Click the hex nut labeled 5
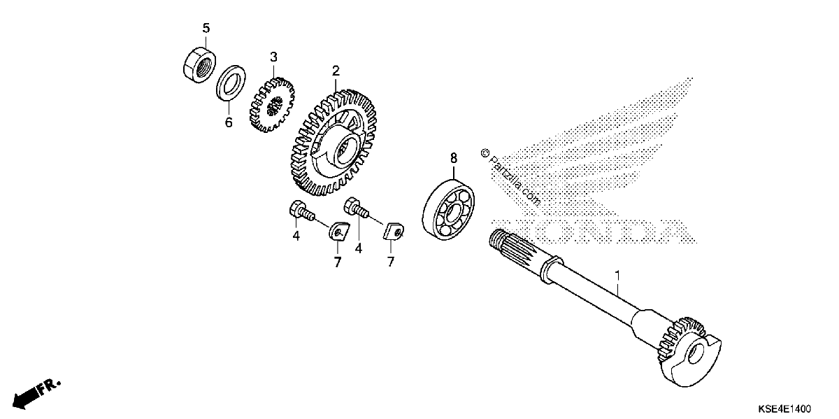pyautogui.click(x=200, y=64)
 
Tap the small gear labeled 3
pyautogui.click(x=272, y=106)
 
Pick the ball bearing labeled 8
pyautogui.click(x=448, y=210)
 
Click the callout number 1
pyautogui.click(x=617, y=276)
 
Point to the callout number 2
pyautogui.click(x=336, y=71)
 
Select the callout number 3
pyautogui.click(x=274, y=57)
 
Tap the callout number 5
pyautogui.click(x=206, y=28)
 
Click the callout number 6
pyautogui.click(x=229, y=122)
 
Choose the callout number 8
pyautogui.click(x=454, y=159)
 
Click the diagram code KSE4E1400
pyautogui.click(x=784, y=409)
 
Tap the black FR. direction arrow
pyautogui.click(x=36, y=395)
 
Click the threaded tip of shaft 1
pyautogui.click(x=495, y=237)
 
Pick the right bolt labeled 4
pyautogui.click(x=356, y=208)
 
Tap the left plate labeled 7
pyautogui.click(x=339, y=232)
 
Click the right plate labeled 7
pyautogui.click(x=393, y=232)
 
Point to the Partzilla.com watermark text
pyautogui.click(x=512, y=178)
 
